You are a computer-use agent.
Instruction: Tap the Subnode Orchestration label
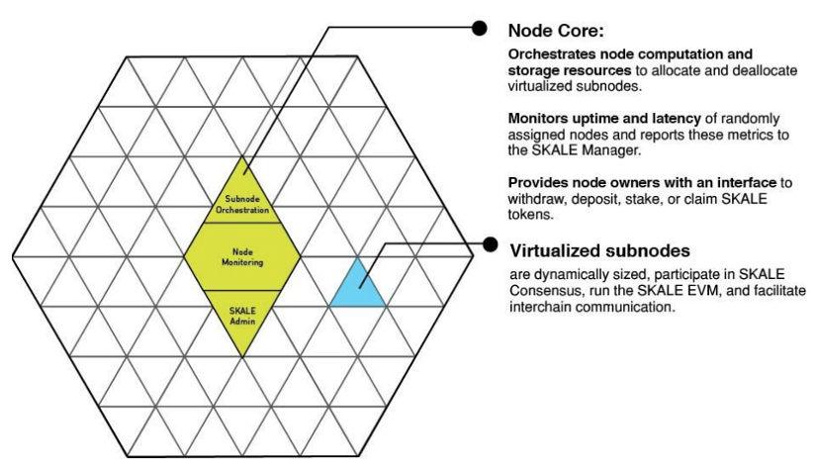[x=242, y=204]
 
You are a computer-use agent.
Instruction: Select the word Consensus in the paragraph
[x=544, y=293]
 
